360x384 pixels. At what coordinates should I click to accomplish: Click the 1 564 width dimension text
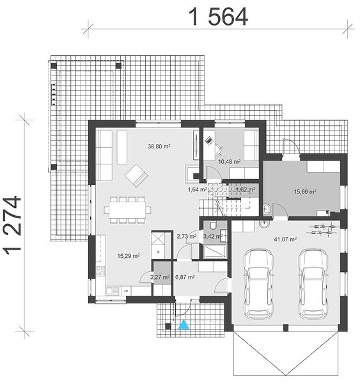coord(218,17)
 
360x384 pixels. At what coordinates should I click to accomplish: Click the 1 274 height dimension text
coord(12,225)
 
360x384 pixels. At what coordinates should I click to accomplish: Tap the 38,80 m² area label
coord(159,147)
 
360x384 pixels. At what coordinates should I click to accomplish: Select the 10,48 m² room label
coord(230,162)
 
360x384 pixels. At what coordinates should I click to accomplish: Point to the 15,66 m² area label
coord(305,191)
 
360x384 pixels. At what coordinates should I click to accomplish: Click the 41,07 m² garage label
coord(285,239)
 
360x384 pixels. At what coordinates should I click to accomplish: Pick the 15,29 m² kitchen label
coord(129,256)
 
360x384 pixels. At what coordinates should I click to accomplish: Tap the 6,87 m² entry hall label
coord(185,277)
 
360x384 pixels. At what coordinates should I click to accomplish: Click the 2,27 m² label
coord(160,277)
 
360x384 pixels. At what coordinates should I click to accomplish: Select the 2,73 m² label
coord(187,236)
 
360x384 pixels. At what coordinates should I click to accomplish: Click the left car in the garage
coord(258,284)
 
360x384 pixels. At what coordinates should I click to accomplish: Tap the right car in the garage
coord(313,284)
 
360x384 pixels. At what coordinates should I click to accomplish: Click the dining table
coord(127,210)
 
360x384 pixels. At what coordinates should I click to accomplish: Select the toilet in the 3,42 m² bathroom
coord(212,225)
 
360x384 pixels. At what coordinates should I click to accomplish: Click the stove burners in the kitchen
coord(100,271)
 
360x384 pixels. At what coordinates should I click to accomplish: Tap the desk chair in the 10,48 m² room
coord(218,149)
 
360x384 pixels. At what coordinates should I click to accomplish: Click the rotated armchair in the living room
coord(136,175)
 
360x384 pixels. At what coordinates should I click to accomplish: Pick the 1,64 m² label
coord(198,189)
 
